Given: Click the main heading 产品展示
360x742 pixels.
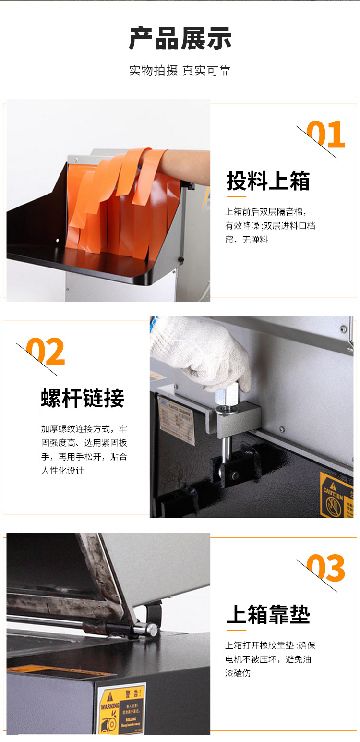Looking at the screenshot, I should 180,39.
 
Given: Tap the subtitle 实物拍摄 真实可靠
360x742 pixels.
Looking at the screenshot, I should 180,71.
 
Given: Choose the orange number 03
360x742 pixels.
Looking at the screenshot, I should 326,568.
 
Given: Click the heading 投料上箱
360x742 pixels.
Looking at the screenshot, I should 268,181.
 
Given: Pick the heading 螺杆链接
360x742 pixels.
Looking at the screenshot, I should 83,398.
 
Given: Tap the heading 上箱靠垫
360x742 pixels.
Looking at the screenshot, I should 268,615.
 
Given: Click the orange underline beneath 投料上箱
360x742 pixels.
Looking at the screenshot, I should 236,196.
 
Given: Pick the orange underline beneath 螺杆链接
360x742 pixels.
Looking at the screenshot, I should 50,414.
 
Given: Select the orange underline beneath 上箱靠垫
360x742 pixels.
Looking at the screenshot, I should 236,630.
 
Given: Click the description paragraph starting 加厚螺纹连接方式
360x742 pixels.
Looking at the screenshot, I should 84,450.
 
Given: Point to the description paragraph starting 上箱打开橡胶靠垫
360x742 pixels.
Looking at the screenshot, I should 270,659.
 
